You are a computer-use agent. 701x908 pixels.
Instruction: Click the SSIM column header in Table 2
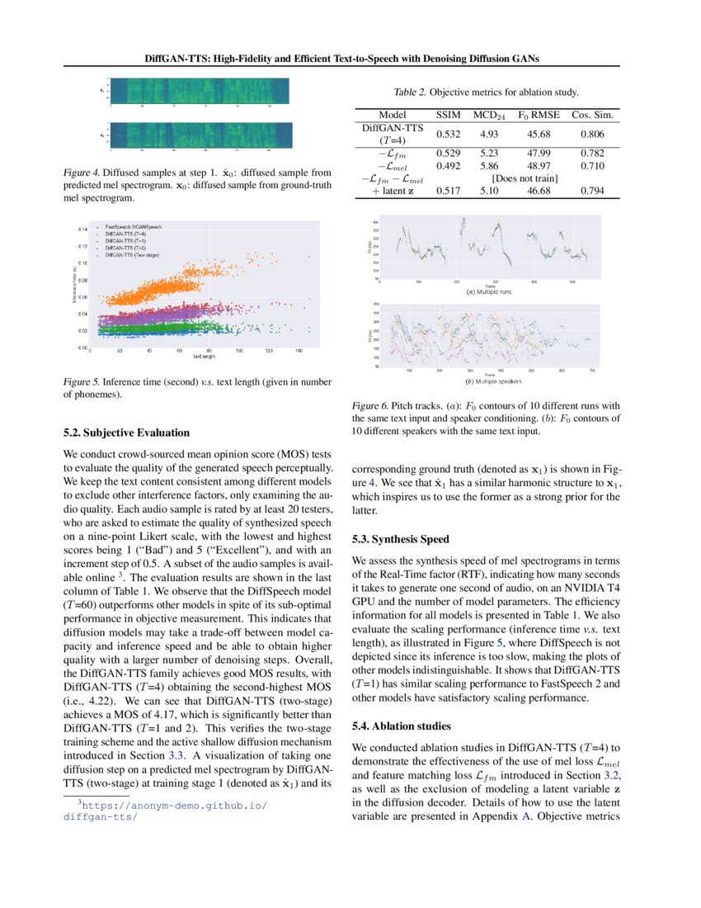[448, 115]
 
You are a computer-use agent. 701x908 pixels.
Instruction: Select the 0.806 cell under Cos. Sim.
[590, 134]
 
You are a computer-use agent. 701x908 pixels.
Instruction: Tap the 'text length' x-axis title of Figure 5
[205, 357]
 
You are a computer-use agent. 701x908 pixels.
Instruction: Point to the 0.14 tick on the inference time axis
[82, 229]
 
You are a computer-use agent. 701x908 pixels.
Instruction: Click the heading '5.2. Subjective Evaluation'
[126, 433]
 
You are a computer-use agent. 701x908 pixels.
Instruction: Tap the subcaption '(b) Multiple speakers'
[492, 381]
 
